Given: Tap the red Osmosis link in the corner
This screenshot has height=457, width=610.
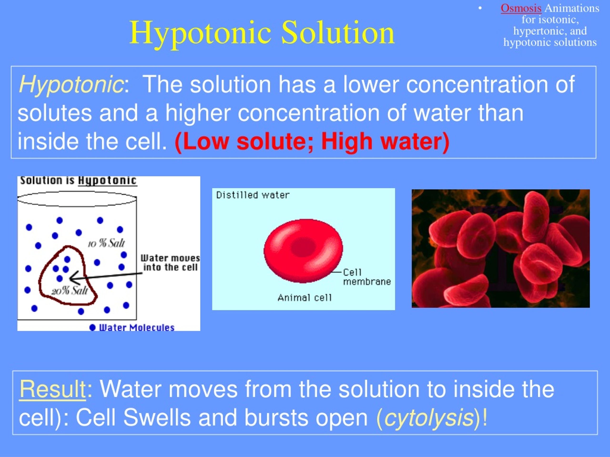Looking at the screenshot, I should (x=521, y=8).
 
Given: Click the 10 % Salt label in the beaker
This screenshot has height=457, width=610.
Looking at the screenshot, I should (x=107, y=243).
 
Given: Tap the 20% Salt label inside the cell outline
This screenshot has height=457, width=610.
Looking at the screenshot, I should (x=70, y=291).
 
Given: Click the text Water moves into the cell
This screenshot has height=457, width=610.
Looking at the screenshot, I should (x=170, y=263).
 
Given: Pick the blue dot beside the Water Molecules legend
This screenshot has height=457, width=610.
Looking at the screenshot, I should (x=92, y=328).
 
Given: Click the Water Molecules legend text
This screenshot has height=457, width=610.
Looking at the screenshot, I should (x=137, y=328).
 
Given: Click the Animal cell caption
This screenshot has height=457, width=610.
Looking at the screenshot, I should (x=305, y=298).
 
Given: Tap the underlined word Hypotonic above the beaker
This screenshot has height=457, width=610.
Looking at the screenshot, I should (x=107, y=181).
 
